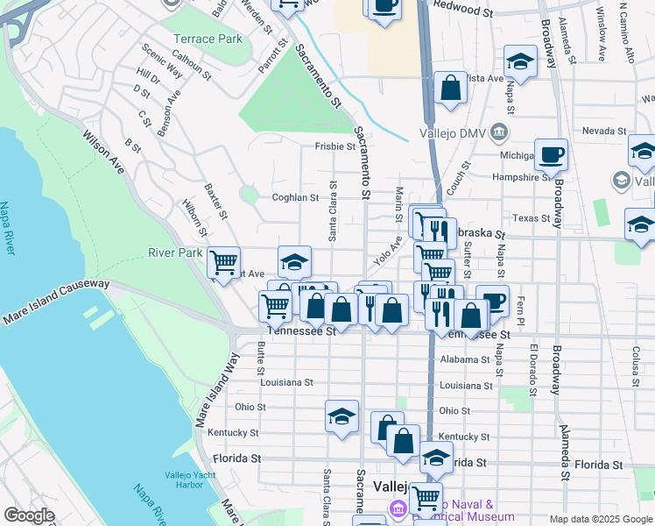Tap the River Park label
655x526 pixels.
click(x=175, y=253)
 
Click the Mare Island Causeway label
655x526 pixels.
click(x=56, y=302)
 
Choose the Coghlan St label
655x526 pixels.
click(x=295, y=198)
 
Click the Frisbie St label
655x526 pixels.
click(x=334, y=147)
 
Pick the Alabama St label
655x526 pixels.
click(x=466, y=359)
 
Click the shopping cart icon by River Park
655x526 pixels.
click(x=225, y=260)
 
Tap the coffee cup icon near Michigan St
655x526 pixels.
click(x=551, y=154)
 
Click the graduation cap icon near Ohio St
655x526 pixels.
click(x=342, y=416)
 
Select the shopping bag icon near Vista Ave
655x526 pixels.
click(x=450, y=88)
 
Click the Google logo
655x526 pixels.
click(x=29, y=515)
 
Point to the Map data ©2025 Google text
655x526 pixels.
click(x=602, y=519)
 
